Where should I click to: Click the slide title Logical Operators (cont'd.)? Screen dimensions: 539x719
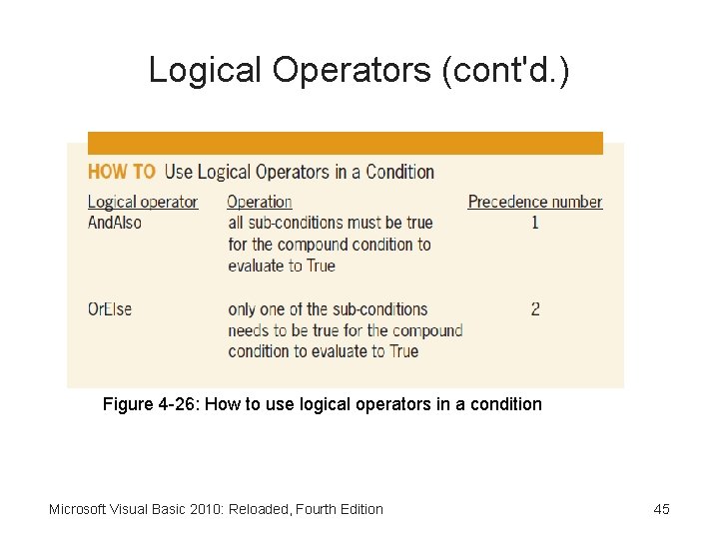359,70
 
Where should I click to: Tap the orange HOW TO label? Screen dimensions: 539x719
122,172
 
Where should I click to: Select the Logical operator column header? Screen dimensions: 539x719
143,202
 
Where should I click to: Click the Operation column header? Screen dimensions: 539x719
260,202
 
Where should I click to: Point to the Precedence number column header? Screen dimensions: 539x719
535,202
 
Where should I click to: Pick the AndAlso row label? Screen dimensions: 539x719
115,223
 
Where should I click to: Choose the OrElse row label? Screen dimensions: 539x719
110,308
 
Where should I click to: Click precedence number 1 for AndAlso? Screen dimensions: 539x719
535,223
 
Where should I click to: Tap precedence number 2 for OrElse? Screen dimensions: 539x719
535,308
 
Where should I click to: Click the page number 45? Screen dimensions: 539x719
661,509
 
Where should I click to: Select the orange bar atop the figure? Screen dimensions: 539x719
346,143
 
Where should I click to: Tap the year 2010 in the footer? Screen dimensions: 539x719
206,509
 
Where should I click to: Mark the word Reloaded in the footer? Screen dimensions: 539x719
259,509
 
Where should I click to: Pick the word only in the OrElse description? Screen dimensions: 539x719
245,308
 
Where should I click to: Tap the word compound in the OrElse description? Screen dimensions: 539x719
429,330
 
